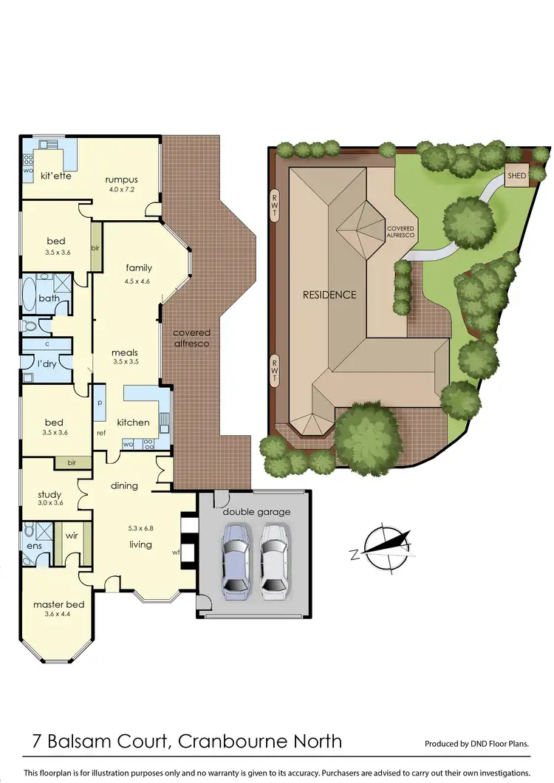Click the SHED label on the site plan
pyautogui.click(x=516, y=177)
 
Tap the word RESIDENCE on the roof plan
pyautogui.click(x=329, y=295)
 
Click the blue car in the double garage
pyautogui.click(x=236, y=557)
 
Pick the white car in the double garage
pyautogui.click(x=273, y=557)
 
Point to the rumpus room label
pyautogui.click(x=121, y=179)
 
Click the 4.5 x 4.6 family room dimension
pyautogui.click(x=137, y=281)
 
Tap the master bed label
pyautogui.click(x=58, y=604)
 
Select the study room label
pyautogui.click(x=49, y=494)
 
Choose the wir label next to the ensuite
pyautogui.click(x=72, y=536)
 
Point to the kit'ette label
pyautogui.click(x=55, y=176)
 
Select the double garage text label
pyautogui.click(x=256, y=511)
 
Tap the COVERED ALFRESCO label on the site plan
pyautogui.click(x=401, y=231)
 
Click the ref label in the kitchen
pyautogui.click(x=101, y=433)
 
